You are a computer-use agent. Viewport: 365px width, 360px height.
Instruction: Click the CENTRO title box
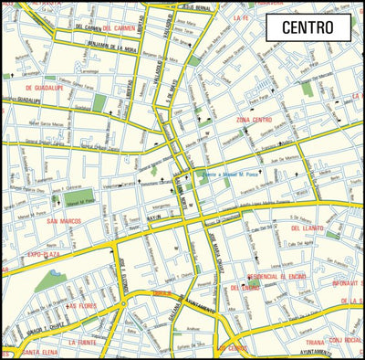coord(308,27)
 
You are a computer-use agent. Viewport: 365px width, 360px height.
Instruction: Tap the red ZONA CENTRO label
coord(254,120)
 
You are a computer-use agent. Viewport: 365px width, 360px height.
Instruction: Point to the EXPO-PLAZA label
coord(42,255)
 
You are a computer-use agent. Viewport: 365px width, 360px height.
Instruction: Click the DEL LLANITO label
coord(308,228)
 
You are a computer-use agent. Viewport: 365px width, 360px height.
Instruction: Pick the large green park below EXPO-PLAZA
coord(50,280)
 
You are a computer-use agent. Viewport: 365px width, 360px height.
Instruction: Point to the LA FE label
coord(241,17)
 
